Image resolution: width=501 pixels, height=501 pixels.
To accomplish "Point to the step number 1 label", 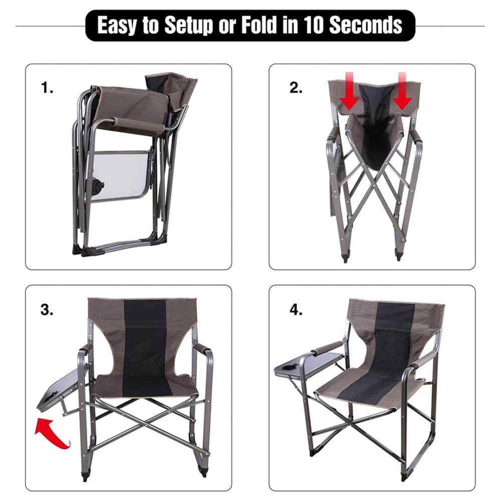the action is point(47,87).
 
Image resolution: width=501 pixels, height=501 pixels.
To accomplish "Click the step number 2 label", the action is point(296,87).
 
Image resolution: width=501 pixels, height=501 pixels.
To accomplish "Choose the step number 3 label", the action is point(47,310).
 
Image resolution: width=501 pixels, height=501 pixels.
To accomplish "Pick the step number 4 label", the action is point(296,310).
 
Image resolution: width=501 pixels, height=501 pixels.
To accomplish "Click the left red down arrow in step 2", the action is point(349,91).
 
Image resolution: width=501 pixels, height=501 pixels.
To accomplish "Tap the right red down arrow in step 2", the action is point(402,91).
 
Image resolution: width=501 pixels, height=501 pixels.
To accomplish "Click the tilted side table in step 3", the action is point(59,391).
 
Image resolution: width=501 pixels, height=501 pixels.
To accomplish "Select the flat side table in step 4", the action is point(308,365).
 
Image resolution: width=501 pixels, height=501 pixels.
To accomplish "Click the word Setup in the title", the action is point(188,25).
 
